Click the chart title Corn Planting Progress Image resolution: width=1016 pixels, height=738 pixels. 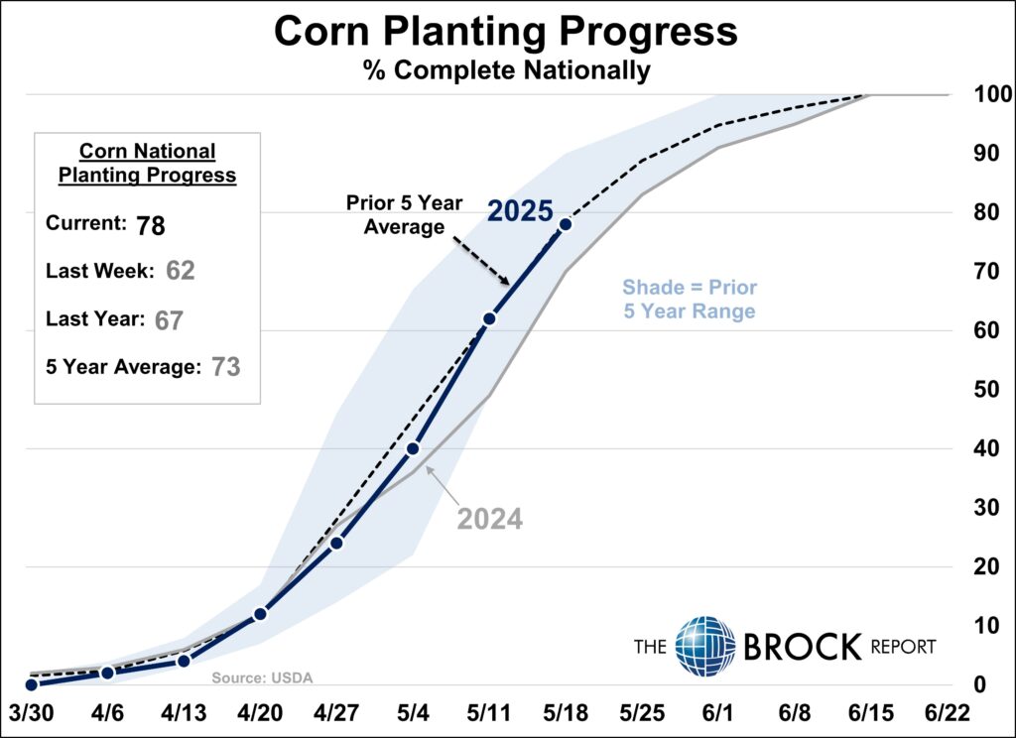point(505,31)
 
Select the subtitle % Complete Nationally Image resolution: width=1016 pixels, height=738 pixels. point(507,70)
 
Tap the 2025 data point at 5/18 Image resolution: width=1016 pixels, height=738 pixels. point(565,224)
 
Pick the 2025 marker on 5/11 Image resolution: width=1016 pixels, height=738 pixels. point(489,318)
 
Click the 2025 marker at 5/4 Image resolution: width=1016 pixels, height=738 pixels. point(413,448)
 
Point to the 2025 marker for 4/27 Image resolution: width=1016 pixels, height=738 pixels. point(336,543)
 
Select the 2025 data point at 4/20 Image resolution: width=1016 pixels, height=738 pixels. point(260,614)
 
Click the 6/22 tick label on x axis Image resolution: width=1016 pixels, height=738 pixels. point(948,713)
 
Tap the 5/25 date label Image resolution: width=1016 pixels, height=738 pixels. point(642,713)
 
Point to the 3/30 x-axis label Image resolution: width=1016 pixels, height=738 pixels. point(31,713)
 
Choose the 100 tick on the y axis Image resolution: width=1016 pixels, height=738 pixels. point(993,94)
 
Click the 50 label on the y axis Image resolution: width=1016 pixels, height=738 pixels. point(986,390)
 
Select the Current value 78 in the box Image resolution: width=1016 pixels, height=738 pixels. point(151,226)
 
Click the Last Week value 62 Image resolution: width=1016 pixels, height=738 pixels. point(181,270)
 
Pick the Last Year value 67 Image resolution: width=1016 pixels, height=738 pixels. point(169,320)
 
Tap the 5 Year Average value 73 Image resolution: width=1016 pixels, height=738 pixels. point(225,367)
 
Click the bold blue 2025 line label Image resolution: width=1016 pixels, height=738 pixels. point(520,211)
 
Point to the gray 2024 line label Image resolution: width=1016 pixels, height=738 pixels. point(490,519)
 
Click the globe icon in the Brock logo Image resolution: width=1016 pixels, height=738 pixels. point(705,646)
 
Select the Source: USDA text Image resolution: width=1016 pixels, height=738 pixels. point(262,677)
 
